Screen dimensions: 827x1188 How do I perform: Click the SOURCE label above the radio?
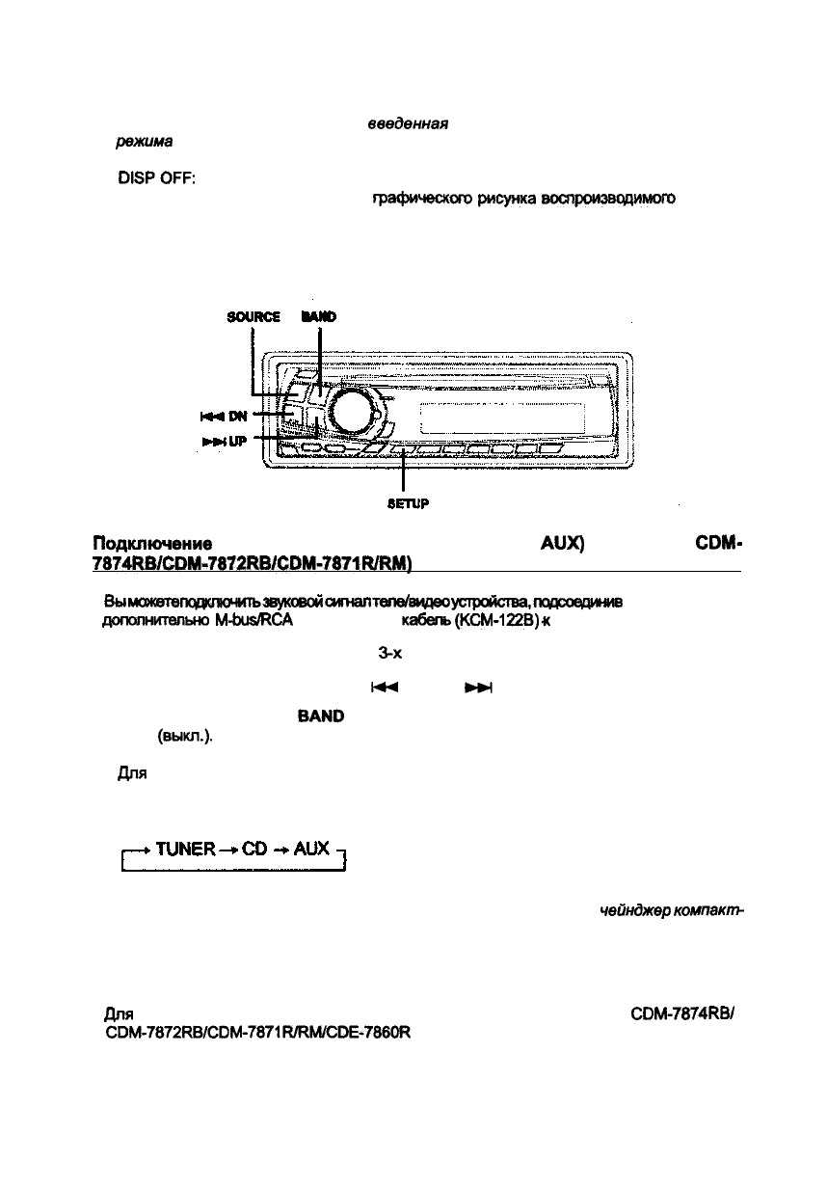coord(253,316)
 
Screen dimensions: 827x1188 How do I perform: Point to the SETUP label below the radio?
coord(407,502)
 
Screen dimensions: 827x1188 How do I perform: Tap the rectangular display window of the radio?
coord(501,418)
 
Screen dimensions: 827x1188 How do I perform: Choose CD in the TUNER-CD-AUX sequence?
coord(257,850)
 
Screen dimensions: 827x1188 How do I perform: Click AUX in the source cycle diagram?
coord(312,850)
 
